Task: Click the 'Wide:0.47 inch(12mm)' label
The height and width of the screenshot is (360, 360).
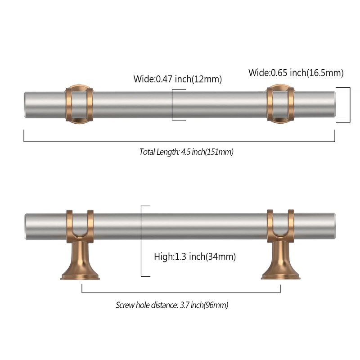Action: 177,79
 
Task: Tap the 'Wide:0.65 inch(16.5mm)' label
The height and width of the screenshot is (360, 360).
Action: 296,72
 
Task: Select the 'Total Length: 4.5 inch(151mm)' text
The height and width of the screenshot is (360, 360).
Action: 186,152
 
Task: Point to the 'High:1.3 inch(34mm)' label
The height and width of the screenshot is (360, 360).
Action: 195,256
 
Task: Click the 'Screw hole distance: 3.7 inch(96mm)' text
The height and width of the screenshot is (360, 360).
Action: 172,305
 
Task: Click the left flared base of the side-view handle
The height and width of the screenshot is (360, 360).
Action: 80,261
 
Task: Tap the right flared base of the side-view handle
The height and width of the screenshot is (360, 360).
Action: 280,261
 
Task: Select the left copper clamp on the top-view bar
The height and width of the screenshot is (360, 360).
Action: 79,104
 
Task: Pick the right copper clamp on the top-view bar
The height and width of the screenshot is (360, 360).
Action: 280,104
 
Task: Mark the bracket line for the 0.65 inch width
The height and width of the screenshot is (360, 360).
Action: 350,105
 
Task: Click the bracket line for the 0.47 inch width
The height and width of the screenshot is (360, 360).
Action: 172,105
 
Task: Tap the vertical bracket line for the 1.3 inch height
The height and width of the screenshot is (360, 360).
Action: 141,241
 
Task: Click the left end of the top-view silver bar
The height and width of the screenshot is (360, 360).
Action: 24,105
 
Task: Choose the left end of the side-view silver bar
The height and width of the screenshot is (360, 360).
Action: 25,227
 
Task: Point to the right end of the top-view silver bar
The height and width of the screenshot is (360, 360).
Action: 334,105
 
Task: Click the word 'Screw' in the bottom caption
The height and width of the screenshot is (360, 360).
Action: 125,305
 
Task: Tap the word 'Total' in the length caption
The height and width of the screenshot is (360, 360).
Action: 147,152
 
